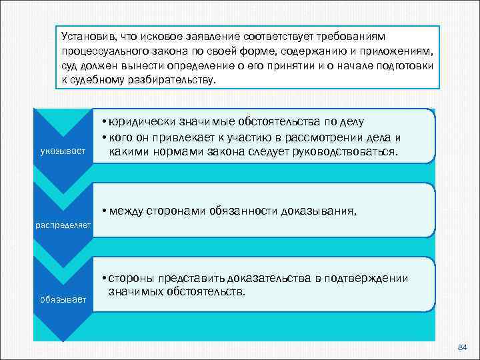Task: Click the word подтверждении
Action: [372, 279]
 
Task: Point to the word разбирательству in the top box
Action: [173, 79]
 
